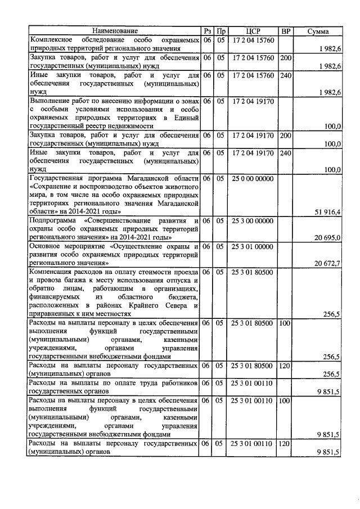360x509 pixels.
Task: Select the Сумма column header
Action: tap(318, 31)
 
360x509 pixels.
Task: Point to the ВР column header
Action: tap(286, 31)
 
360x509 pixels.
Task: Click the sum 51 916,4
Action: tap(325, 211)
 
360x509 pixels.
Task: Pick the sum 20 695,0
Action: tap(325, 238)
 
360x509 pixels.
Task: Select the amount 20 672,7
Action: tap(325, 263)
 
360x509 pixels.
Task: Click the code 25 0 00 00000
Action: tap(252, 179)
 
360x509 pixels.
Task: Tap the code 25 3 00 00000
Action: tap(252, 221)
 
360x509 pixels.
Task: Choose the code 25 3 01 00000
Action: tap(252, 246)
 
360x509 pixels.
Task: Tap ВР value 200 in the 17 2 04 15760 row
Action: tap(286, 58)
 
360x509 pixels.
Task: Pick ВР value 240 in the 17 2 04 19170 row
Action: tap(286, 152)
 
